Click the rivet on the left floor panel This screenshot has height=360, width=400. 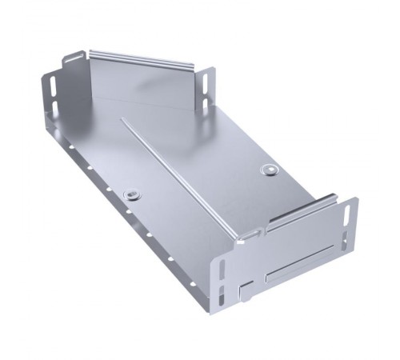coord(131,194)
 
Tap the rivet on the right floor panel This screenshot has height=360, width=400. coord(269,170)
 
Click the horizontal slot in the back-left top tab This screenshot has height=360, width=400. coord(74,58)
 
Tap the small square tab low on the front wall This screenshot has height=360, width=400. coord(246,290)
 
